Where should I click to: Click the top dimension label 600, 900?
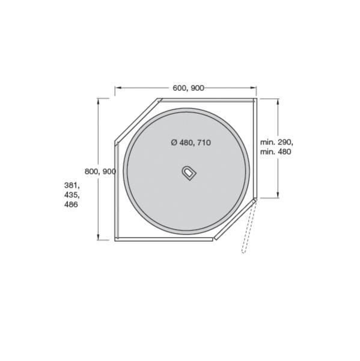tap(188, 88)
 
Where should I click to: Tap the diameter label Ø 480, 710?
tap(191, 143)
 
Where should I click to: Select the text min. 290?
tap(276, 142)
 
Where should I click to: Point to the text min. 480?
tap(276, 152)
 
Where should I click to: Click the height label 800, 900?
tap(100, 171)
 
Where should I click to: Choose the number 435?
tap(72, 195)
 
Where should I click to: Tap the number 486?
tap(71, 205)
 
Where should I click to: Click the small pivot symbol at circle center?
tap(188, 172)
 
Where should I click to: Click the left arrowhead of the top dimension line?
tap(118, 88)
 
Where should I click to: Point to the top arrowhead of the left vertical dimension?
tap(98, 101)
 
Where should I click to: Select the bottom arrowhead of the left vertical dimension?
tap(98, 237)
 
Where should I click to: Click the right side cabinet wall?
tap(255, 147)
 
